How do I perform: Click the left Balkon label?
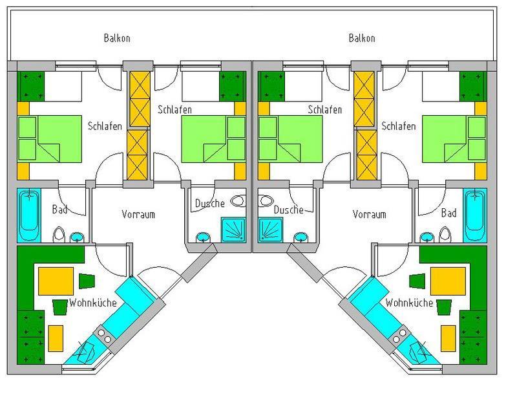tap(117, 38)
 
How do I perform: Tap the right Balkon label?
tap(362, 38)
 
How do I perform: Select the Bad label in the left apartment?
tap(59, 210)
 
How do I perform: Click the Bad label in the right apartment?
tap(449, 213)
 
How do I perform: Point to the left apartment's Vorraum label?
tap(138, 214)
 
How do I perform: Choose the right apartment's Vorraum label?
tap(369, 214)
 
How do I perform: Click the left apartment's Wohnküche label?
tap(93, 303)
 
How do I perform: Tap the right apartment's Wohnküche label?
tap(409, 303)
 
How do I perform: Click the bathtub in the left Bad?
tap(28, 215)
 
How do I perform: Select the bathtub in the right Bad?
tap(475, 215)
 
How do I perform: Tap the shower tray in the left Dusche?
tap(234, 230)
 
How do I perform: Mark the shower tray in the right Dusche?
tap(270, 230)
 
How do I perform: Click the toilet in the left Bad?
tap(59, 234)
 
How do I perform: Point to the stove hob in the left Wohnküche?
tap(104, 335)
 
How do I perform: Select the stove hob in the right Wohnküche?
tap(399, 335)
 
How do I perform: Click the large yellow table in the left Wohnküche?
tap(56, 281)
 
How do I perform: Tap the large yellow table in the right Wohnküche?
tap(448, 281)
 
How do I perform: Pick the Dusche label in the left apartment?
tap(210, 203)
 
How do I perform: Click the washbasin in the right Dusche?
tap(300, 237)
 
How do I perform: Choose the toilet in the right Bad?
tap(445, 234)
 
